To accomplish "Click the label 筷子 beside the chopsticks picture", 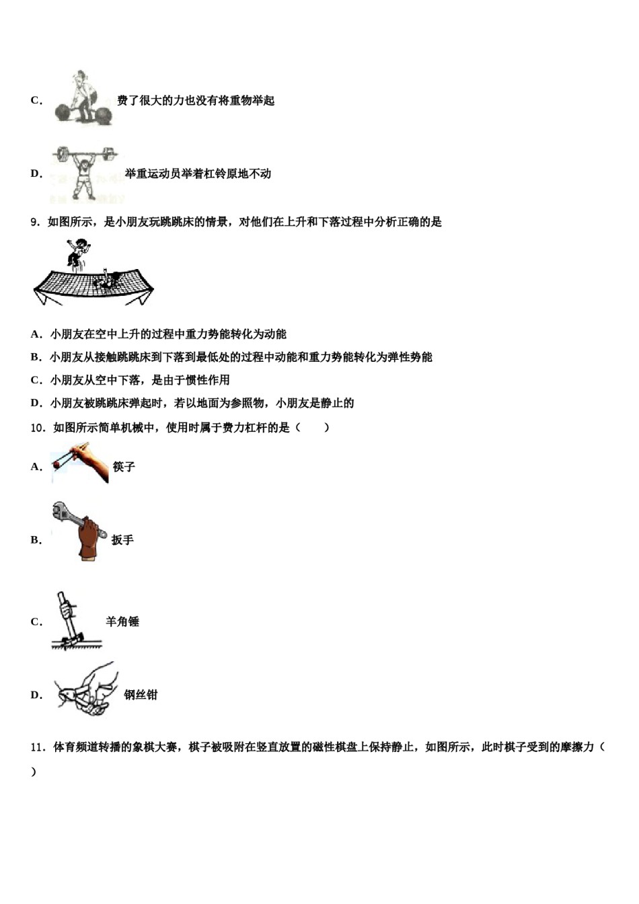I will [124, 467].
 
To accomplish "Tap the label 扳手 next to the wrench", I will [122, 540].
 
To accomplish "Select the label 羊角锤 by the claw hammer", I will [122, 622].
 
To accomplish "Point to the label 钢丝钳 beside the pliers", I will [141, 695].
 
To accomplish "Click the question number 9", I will [36, 223].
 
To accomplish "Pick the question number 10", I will [38, 428].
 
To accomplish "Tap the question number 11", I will [38, 747].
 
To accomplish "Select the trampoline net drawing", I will [94, 287].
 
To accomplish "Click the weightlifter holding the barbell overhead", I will [84, 172].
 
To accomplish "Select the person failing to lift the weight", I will [82, 99].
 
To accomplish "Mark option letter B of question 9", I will [36, 357].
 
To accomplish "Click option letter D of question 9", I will [36, 404].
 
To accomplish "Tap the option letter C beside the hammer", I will [36, 622].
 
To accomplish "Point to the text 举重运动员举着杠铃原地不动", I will [198, 174].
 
